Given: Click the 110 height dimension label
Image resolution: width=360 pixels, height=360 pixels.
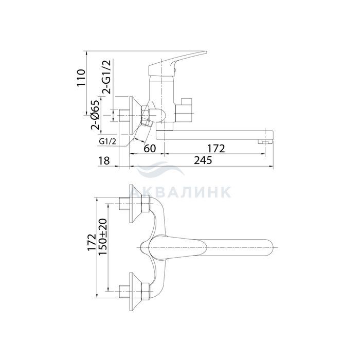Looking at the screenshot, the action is point(81,78).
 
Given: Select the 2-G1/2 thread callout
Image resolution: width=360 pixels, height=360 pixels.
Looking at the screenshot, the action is point(106,77).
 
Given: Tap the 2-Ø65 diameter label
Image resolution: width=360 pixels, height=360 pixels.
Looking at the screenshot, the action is point(95,115).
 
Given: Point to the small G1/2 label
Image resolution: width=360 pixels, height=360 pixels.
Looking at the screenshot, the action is point(107,141).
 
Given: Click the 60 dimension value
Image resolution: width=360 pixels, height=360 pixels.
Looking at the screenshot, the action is point(150,149).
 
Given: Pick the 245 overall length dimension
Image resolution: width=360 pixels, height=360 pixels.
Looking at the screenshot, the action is point(203,160).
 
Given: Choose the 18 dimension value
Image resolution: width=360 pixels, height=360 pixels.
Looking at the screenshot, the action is point(104,160).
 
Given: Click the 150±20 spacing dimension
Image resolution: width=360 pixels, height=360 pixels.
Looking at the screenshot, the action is point(103,237).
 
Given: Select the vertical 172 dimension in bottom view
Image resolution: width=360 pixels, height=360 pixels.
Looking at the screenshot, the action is point(92,242).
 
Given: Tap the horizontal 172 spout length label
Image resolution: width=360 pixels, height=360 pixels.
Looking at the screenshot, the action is point(216,149).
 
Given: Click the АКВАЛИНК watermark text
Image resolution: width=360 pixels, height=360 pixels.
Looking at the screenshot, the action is point(181,192).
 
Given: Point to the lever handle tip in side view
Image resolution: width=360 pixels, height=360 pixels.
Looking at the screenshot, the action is point(206,52).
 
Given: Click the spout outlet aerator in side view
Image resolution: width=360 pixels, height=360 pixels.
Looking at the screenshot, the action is point(264,142).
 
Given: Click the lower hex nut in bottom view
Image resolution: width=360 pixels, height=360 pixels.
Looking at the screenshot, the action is point(146,292).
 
